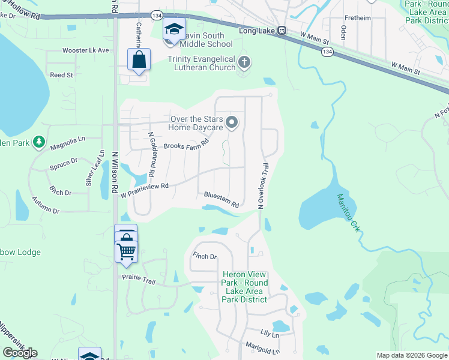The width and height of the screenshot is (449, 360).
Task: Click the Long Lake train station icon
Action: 281,31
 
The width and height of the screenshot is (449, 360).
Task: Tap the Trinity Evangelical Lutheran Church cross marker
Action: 244,62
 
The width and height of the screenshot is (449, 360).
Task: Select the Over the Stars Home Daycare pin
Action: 232,123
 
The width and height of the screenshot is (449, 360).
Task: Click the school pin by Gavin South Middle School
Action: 174,30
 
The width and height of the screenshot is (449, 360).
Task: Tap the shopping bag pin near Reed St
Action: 139,60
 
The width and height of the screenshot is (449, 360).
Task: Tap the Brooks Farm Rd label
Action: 185,145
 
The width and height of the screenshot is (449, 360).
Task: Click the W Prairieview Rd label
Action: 145,190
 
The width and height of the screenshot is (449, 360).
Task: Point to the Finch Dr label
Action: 205,256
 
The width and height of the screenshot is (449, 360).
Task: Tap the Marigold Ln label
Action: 263,347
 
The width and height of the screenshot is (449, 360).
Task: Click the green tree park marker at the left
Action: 39,142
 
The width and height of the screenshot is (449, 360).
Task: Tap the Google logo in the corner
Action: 20,352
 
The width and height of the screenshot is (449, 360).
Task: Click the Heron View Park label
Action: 244,283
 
